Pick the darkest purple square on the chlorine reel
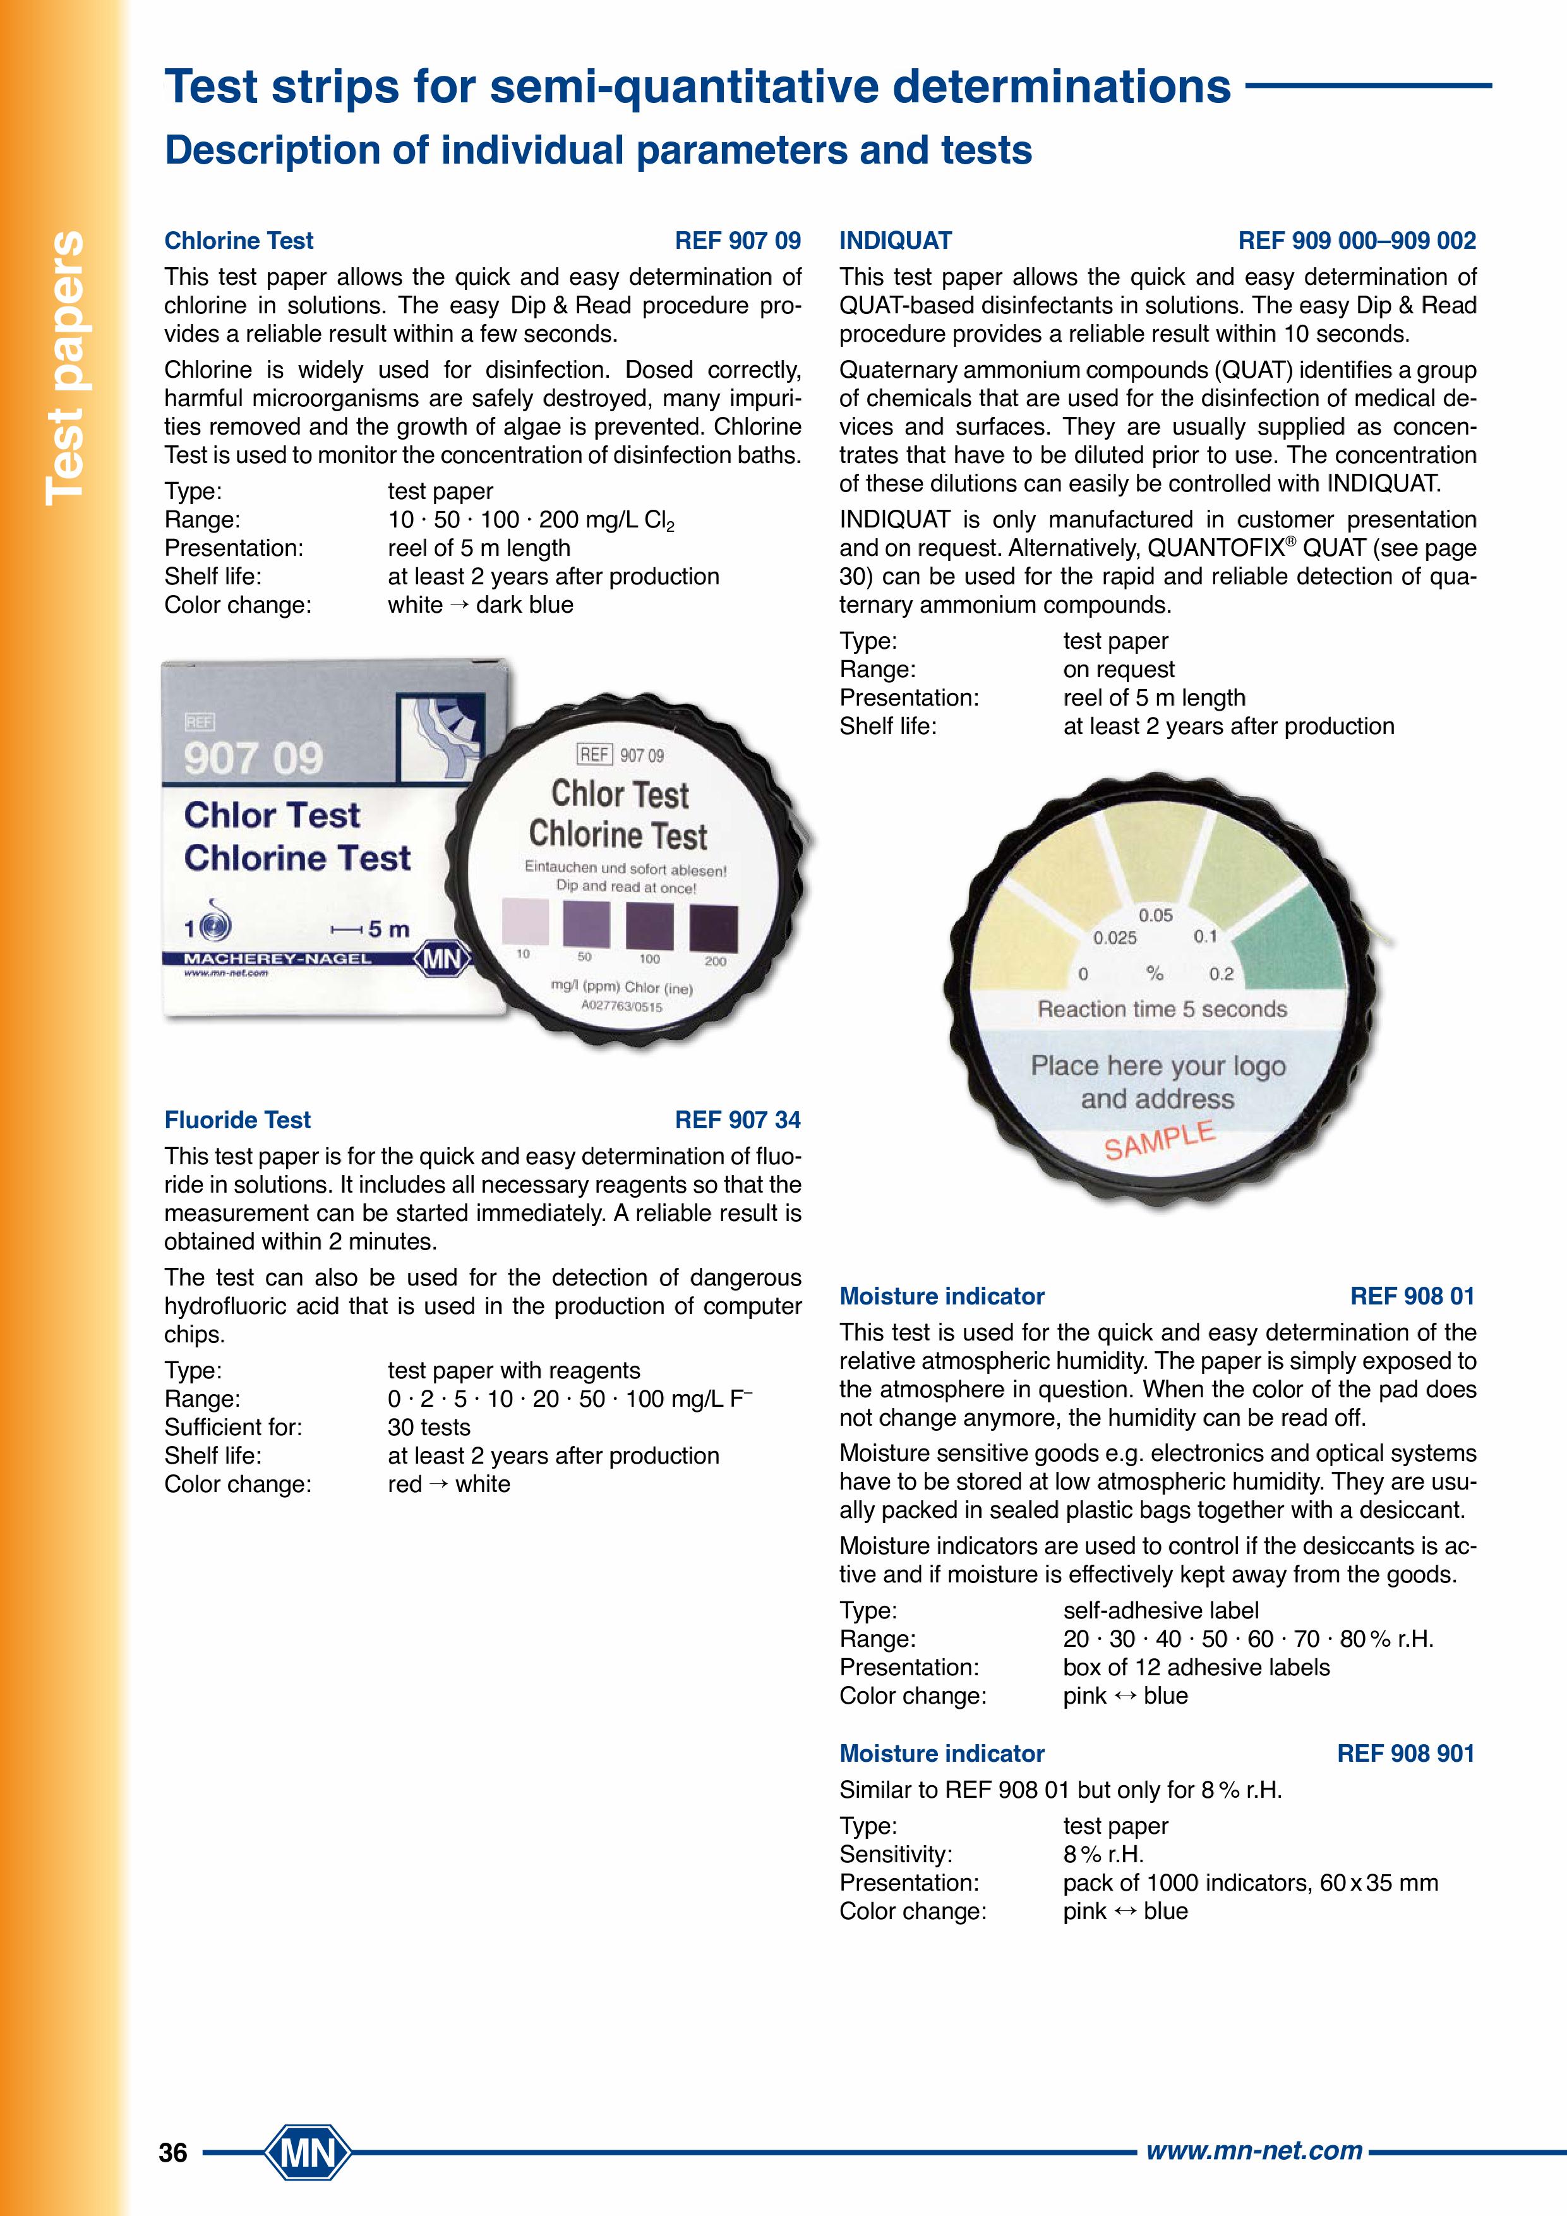714,929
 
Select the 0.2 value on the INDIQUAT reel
1221,974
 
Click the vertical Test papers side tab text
66,367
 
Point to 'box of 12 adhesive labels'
1196,1667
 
